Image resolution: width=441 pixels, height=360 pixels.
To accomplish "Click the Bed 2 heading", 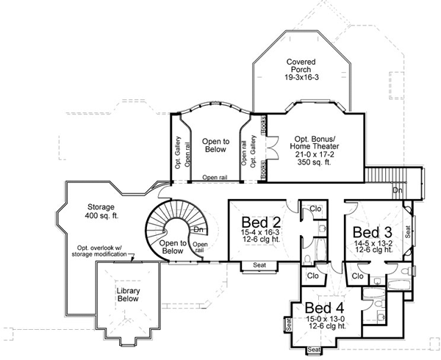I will click(259, 221).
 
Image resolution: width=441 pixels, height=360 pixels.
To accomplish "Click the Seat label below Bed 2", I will click(259, 264).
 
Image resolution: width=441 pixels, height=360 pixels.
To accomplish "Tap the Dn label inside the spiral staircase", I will click(198, 230).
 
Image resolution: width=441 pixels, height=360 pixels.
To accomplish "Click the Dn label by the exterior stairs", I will click(397, 190).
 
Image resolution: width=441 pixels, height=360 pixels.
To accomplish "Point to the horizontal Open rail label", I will click(215, 177).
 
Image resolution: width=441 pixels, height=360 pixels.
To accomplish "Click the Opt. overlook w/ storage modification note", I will click(104, 250).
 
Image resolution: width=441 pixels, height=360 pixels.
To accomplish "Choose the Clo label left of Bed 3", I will click(358, 276).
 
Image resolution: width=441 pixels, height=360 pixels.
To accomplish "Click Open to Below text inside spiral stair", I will click(173, 246).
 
